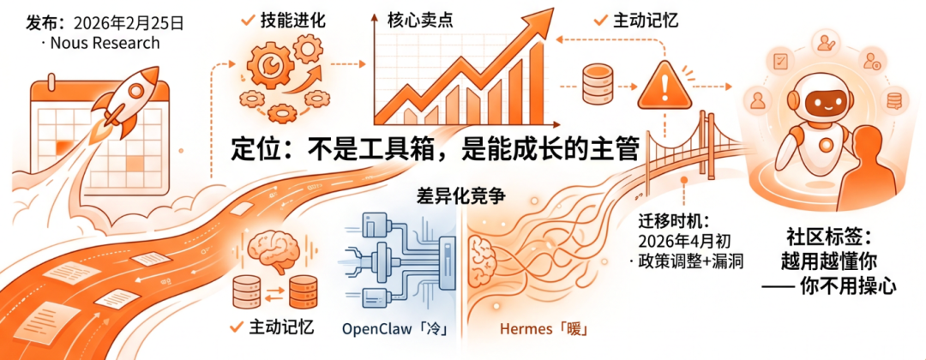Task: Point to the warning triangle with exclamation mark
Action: tap(664, 85)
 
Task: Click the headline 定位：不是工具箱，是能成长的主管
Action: tap(435, 148)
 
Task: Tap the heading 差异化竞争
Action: tap(460, 195)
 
